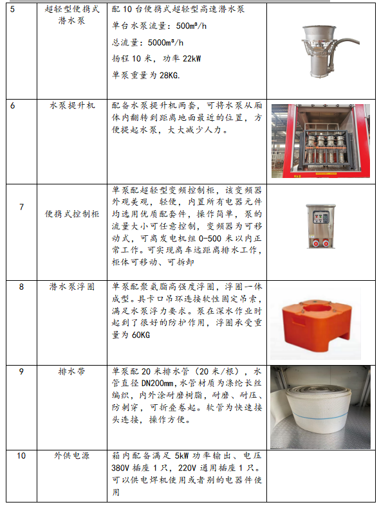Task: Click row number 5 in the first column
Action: pyautogui.click(x=12, y=9)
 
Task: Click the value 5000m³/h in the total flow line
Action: pyautogui.click(x=165, y=42)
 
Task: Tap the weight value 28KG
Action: pyautogui.click(x=170, y=75)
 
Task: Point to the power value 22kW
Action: pyautogui.click(x=192, y=58)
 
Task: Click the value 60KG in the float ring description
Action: pyautogui.click(x=141, y=335)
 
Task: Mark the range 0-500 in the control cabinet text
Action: pyautogui.click(x=210, y=238)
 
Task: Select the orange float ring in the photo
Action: pyautogui.click(x=316, y=324)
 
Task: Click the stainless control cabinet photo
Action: pyautogui.click(x=320, y=226)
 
